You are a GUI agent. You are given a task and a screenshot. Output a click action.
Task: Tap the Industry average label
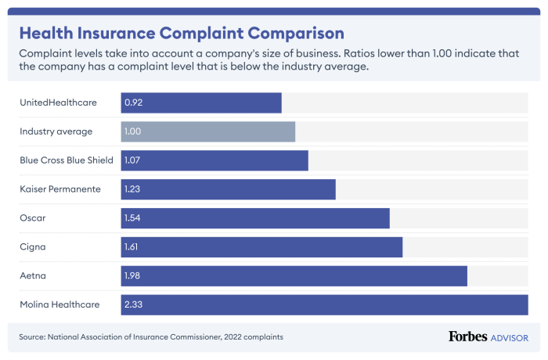pyautogui.click(x=56, y=131)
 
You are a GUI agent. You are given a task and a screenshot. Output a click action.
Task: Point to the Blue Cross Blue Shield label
pyautogui.click(x=67, y=160)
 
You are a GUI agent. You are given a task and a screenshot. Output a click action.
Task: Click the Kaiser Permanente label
pyautogui.click(x=59, y=189)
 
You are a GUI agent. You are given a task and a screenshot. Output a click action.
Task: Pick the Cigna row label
pyautogui.click(x=32, y=247)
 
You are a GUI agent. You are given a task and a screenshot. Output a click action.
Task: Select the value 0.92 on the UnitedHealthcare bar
pyautogui.click(x=133, y=103)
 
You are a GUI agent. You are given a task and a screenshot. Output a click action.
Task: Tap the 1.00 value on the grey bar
pyautogui.click(x=133, y=131)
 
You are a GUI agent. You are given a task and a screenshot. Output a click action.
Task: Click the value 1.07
pyautogui.click(x=133, y=160)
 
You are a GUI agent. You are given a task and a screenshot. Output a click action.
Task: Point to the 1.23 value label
pyautogui.click(x=133, y=189)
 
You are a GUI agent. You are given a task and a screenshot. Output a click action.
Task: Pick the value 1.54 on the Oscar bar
pyautogui.click(x=133, y=218)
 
